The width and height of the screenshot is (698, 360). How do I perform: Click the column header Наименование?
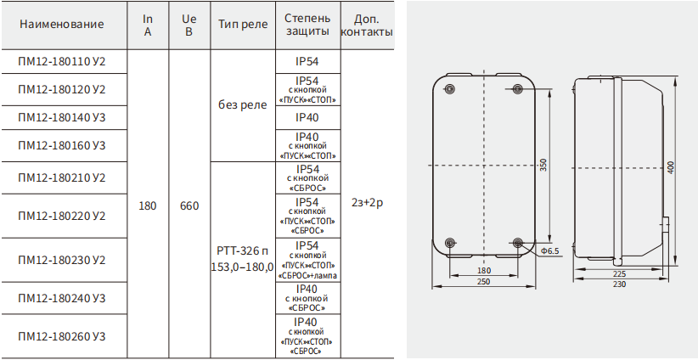tap(61, 24)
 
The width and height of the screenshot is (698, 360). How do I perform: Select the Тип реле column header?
tap(243, 24)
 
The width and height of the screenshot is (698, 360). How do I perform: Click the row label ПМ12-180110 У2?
tap(62, 61)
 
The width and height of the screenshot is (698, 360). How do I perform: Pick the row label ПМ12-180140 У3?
tap(62, 117)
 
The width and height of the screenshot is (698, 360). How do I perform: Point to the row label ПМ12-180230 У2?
tap(62, 260)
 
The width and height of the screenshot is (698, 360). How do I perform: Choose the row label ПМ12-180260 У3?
tap(62, 336)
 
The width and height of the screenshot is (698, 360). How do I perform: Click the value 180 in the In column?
tap(148, 206)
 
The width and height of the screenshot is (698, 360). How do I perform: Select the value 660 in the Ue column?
tap(189, 206)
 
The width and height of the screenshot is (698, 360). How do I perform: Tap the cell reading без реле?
tap(243, 105)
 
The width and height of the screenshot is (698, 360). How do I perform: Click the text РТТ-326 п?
tap(243, 251)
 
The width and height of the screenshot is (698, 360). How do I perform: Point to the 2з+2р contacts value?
tap(367, 203)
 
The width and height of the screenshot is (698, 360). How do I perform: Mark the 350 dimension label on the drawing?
tap(543, 165)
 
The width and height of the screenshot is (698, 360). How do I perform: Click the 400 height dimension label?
tap(672, 167)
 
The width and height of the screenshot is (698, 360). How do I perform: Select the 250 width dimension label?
tap(483, 282)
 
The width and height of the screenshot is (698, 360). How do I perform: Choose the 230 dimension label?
tap(619, 284)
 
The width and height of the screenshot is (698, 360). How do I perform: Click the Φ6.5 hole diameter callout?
tap(549, 251)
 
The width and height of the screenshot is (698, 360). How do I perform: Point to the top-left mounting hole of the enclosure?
tap(450, 88)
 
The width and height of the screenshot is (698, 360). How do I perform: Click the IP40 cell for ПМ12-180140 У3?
tap(307, 117)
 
